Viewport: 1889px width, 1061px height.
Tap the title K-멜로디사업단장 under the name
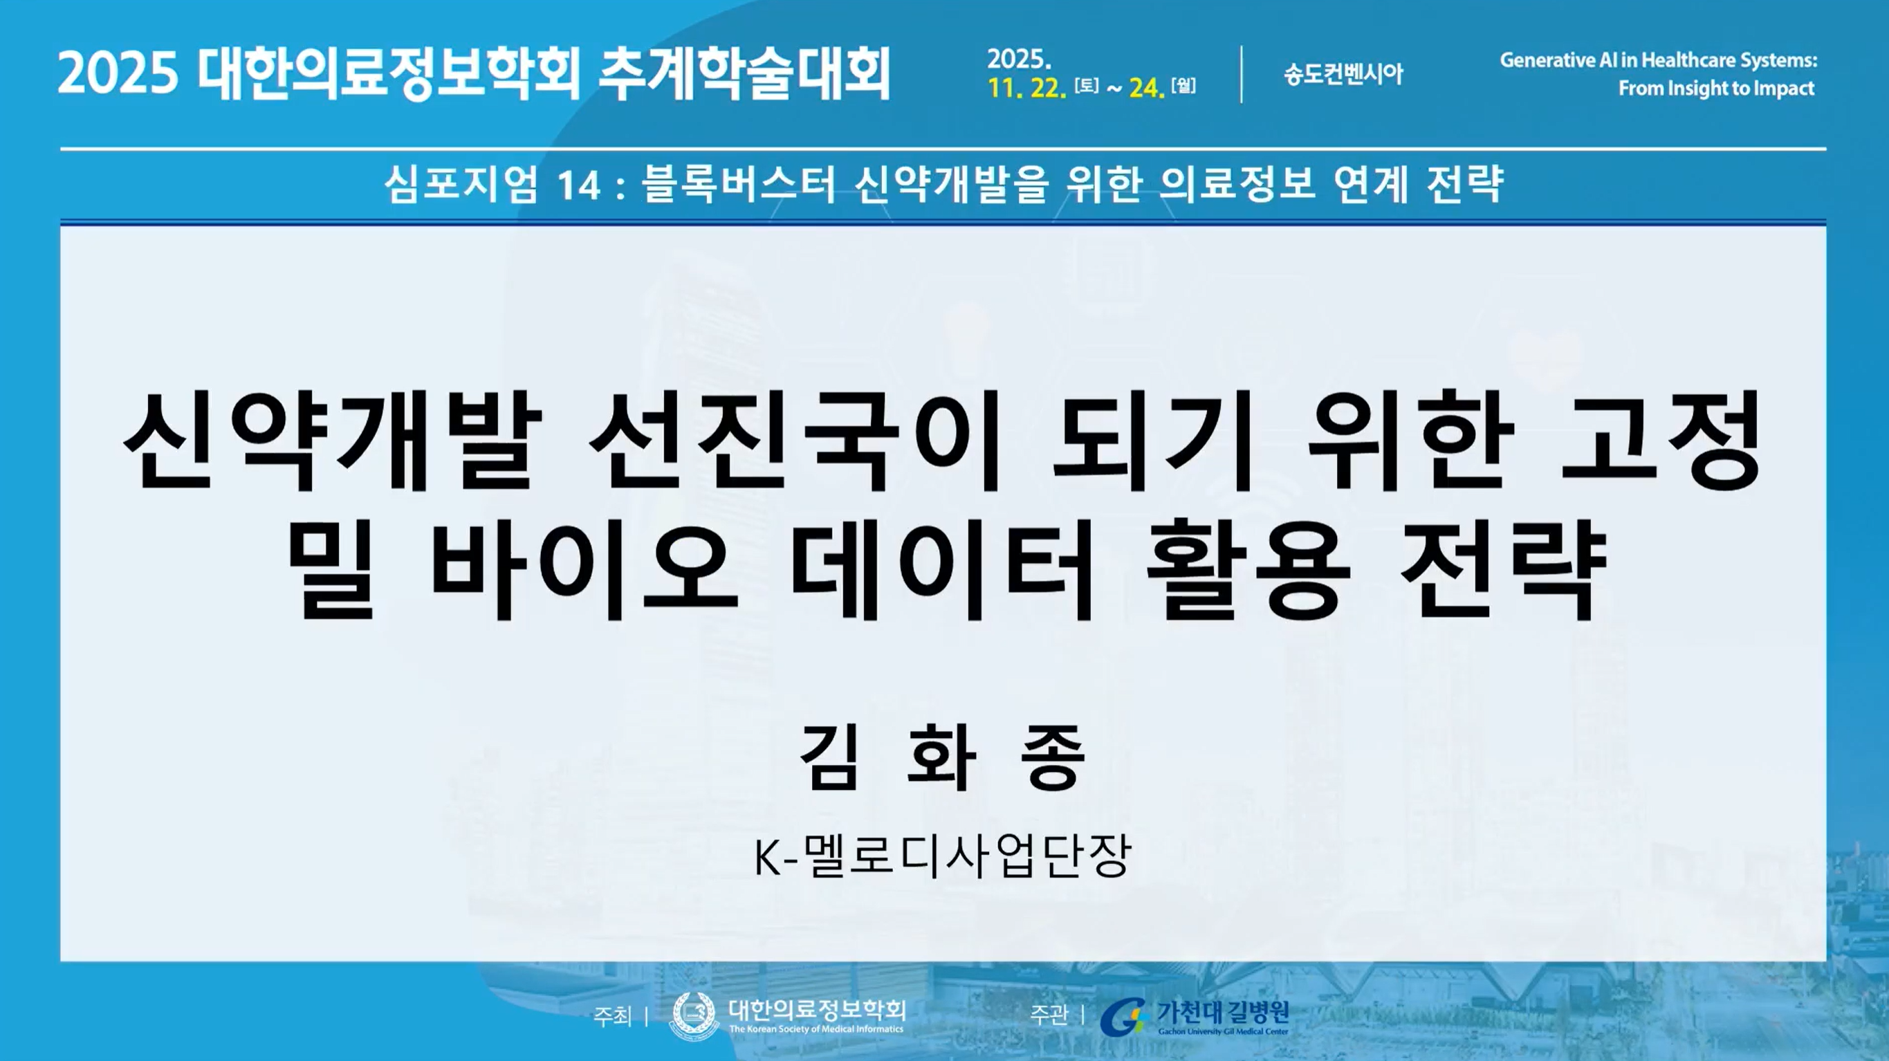(943, 856)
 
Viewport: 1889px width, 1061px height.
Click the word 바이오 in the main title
(584, 569)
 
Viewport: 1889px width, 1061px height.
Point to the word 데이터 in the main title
(941, 569)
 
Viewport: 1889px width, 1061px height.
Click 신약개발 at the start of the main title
(332, 441)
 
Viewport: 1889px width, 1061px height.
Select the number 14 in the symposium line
(580, 185)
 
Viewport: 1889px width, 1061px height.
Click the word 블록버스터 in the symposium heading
(739, 183)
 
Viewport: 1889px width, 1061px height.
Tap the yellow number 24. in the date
(1147, 88)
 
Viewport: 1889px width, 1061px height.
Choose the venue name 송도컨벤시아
(1343, 74)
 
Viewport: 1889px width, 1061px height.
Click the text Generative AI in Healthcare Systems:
(1658, 59)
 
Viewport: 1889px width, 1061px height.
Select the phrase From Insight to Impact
(1717, 88)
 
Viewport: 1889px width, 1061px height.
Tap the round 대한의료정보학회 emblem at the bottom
(694, 1016)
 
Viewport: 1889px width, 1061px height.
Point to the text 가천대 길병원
(1222, 1012)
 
